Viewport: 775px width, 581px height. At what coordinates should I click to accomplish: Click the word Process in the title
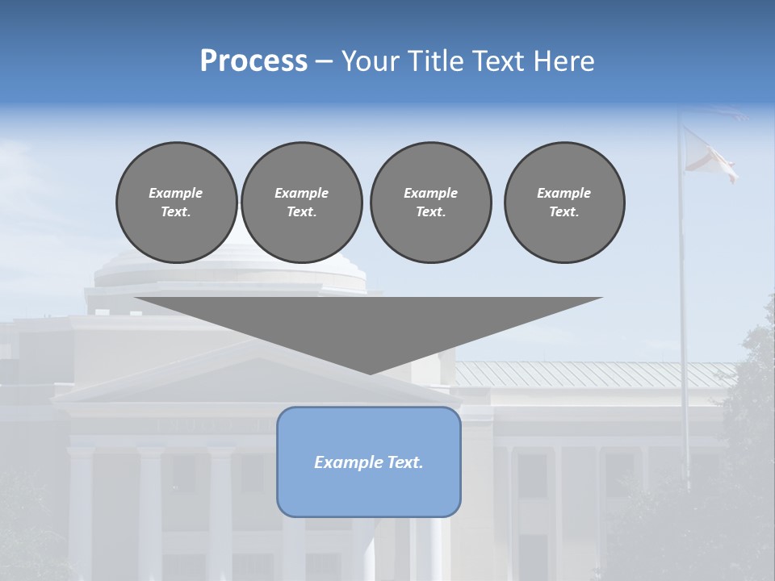[x=253, y=61]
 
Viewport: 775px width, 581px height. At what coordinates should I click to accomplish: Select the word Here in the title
[x=564, y=61]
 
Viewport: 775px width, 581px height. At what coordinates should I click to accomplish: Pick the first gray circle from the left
[x=176, y=202]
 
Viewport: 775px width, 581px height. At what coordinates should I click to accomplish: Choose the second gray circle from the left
[x=302, y=202]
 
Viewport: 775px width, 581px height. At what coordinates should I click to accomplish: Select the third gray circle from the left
[x=430, y=202]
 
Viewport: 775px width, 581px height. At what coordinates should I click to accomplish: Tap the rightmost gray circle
[x=564, y=202]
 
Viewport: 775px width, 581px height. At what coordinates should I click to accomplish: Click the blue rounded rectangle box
[x=369, y=462]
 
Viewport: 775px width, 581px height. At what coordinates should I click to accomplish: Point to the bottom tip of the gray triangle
[x=370, y=373]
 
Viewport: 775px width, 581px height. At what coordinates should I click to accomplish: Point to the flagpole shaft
[x=684, y=323]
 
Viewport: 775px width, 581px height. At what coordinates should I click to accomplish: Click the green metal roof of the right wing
[x=597, y=374]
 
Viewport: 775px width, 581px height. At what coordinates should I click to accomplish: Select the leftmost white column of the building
[x=81, y=508]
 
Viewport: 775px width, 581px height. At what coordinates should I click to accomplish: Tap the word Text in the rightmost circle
[x=563, y=211]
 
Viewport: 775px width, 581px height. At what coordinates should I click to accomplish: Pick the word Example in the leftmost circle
[x=176, y=193]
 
